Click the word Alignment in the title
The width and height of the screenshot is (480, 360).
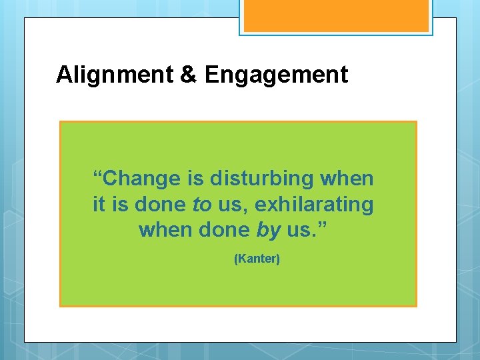click(x=115, y=75)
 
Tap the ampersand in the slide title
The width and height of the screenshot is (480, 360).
click(x=189, y=75)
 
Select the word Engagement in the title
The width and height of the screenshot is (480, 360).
click(x=276, y=75)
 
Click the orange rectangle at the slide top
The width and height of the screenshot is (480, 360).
click(x=335, y=16)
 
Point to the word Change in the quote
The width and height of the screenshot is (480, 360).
click(x=143, y=179)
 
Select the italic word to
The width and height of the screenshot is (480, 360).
click(x=201, y=205)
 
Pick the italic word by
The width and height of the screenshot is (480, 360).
click(x=268, y=231)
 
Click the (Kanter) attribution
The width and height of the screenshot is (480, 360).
click(x=257, y=259)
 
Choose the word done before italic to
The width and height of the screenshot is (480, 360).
click(x=161, y=205)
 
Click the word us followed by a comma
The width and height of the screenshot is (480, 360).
click(x=229, y=205)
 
